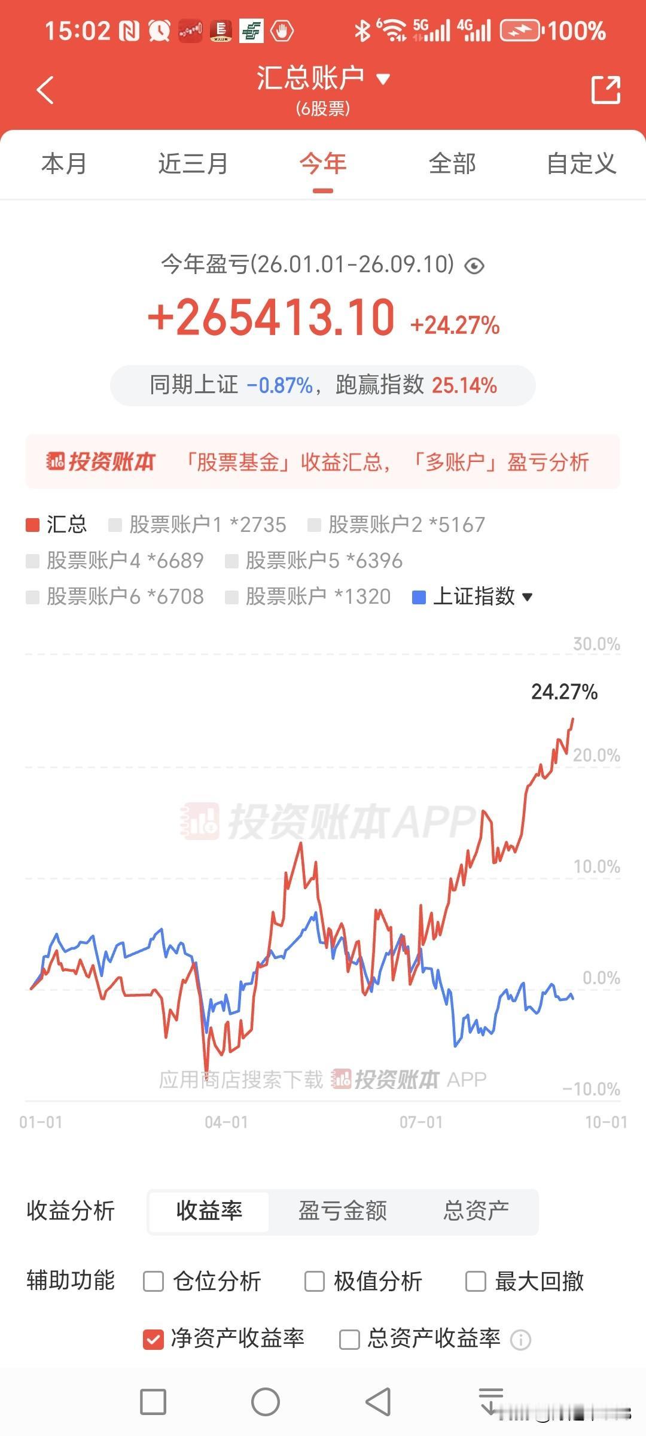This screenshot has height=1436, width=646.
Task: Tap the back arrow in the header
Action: pyautogui.click(x=45, y=90)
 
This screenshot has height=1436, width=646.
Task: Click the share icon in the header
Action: pyautogui.click(x=605, y=90)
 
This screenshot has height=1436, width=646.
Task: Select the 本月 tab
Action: pyautogui.click(x=64, y=163)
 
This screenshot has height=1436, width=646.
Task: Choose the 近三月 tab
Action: pyautogui.click(x=193, y=163)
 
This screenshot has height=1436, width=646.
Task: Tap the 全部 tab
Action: pyautogui.click(x=452, y=163)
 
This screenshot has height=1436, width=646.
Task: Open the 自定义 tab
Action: pyautogui.click(x=581, y=163)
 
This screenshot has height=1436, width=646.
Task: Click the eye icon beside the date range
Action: pyautogui.click(x=474, y=266)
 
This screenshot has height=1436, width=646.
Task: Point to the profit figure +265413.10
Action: pyautogui.click(x=271, y=317)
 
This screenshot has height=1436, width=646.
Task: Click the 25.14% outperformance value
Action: pyautogui.click(x=464, y=385)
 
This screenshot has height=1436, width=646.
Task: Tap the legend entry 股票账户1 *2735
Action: pyautogui.click(x=197, y=525)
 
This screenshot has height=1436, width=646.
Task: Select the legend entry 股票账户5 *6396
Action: pyautogui.click(x=313, y=561)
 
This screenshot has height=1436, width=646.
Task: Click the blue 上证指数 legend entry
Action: pyautogui.click(x=473, y=597)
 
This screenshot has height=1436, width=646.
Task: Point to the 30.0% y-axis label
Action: pyautogui.click(x=596, y=644)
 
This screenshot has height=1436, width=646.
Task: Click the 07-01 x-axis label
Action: pyautogui.click(x=421, y=1122)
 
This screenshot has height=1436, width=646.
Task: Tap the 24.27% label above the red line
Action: pyautogui.click(x=564, y=692)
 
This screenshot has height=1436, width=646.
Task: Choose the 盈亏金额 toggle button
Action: pyautogui.click(x=343, y=1210)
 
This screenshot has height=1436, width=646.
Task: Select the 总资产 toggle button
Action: pyautogui.click(x=476, y=1210)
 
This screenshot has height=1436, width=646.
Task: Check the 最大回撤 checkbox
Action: pyautogui.click(x=476, y=1281)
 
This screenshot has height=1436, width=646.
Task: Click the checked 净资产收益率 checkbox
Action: pyautogui.click(x=153, y=1338)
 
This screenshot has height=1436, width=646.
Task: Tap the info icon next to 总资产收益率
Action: pyautogui.click(x=520, y=1339)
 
